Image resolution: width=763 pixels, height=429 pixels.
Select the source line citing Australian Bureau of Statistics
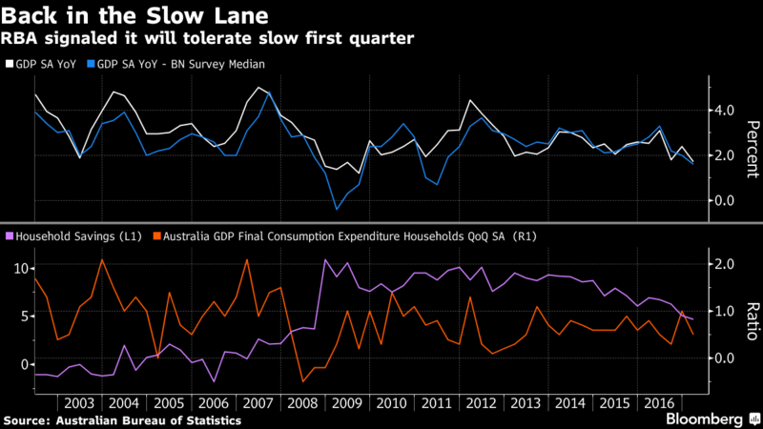tap(122, 419)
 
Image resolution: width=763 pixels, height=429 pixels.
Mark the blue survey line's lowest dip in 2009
tap(336, 209)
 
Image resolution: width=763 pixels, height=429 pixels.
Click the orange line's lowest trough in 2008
tap(303, 381)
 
